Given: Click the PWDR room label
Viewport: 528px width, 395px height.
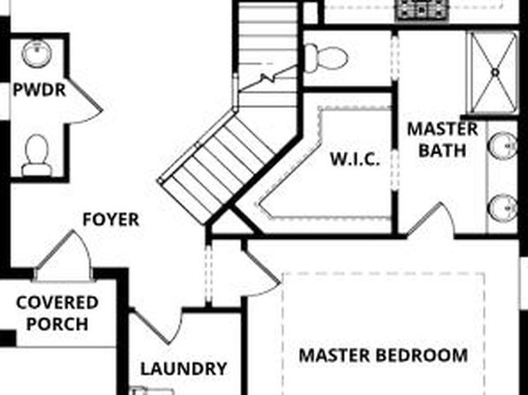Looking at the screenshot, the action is (x=39, y=90).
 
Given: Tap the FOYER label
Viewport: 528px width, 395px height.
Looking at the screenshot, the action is (x=111, y=220).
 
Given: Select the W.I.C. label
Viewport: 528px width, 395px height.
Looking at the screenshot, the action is (x=355, y=159).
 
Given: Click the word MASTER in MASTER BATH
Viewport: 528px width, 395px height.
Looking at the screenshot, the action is (x=442, y=129).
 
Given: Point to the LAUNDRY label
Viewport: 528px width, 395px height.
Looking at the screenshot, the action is (x=183, y=368).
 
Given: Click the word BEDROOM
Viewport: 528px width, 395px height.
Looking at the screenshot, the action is (x=422, y=355).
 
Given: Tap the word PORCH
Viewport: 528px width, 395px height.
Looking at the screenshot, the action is (x=58, y=324).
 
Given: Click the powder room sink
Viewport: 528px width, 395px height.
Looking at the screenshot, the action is (x=37, y=53).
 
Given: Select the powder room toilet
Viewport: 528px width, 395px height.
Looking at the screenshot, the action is (x=36, y=156).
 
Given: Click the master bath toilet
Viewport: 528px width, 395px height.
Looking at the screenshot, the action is (x=326, y=58).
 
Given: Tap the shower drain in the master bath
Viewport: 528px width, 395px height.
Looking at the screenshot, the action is (x=495, y=72).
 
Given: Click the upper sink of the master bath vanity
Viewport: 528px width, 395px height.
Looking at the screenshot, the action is (x=503, y=145).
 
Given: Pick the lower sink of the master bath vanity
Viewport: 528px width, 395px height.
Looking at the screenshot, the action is (x=503, y=208).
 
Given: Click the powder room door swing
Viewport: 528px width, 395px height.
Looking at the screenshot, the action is (x=84, y=101).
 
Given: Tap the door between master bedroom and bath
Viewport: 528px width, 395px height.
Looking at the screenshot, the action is (x=431, y=220).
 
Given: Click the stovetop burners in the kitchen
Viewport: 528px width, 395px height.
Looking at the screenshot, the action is (x=423, y=10).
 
